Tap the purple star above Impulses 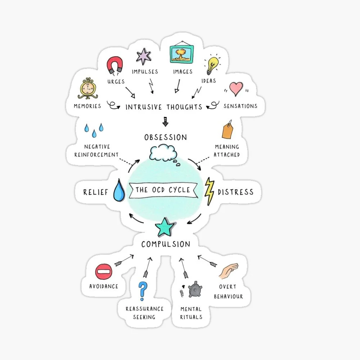(x=144, y=57)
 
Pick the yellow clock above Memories (x=87, y=89)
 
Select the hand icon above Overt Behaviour (x=229, y=271)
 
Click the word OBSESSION (x=166, y=138)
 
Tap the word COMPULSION (x=166, y=244)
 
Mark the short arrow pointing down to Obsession (x=166, y=121)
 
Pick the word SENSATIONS (x=240, y=106)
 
